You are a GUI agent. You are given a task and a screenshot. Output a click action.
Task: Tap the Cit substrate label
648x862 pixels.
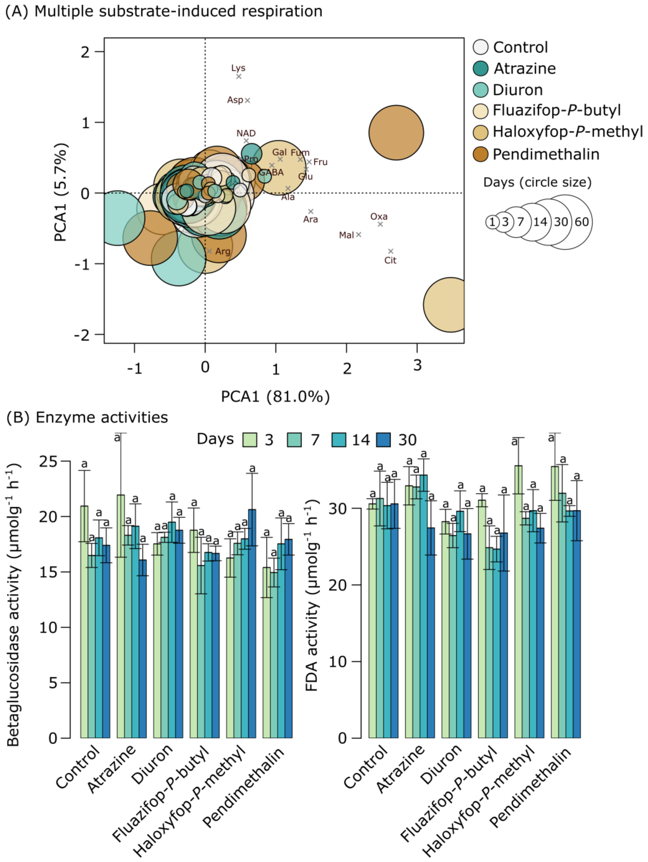[390, 260]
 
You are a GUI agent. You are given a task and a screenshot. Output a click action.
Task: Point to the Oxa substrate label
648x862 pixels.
[379, 216]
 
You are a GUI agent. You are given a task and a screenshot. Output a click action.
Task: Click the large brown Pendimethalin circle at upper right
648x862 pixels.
[396, 132]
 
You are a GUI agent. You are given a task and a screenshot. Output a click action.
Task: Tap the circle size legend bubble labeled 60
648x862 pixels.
[581, 222]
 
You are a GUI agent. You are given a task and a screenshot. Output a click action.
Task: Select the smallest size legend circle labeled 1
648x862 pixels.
[492, 222]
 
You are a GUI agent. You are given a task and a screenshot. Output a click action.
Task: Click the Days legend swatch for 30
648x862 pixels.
[384, 440]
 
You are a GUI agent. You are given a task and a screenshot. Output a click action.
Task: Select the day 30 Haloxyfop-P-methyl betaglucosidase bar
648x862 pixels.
[252, 624]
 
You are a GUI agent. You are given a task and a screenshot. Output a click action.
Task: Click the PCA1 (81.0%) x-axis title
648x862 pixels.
[275, 397]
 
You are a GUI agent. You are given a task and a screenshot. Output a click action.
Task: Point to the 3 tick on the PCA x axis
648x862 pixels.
[417, 365]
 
